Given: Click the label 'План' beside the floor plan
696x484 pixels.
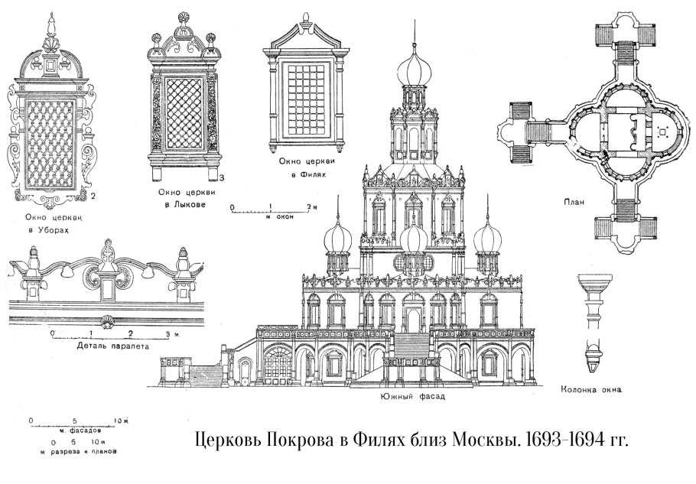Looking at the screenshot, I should click(573, 203).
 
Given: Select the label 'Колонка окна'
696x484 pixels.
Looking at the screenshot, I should click(590, 389).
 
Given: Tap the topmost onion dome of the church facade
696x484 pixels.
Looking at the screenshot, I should click(414, 73).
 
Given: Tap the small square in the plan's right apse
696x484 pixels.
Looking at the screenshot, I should click(663, 131).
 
